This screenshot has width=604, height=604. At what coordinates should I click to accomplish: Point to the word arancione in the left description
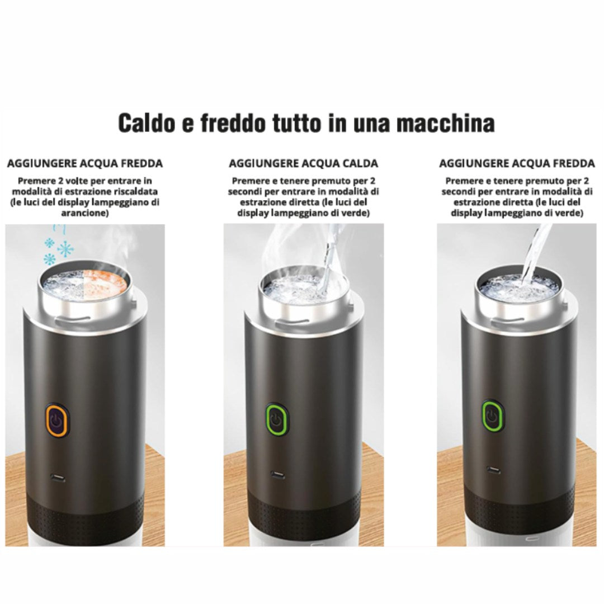pos(85,213)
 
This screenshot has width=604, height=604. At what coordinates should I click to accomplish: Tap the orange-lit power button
pos(57,419)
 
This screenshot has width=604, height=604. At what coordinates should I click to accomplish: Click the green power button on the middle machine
pos(277,418)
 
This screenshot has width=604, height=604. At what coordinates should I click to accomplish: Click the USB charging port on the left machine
pos(58,479)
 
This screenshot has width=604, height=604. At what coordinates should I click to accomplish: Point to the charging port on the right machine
pos(493,470)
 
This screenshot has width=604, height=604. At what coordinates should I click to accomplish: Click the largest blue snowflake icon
pos(66,249)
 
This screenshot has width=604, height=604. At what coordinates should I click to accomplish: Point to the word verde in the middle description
pos(356,213)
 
